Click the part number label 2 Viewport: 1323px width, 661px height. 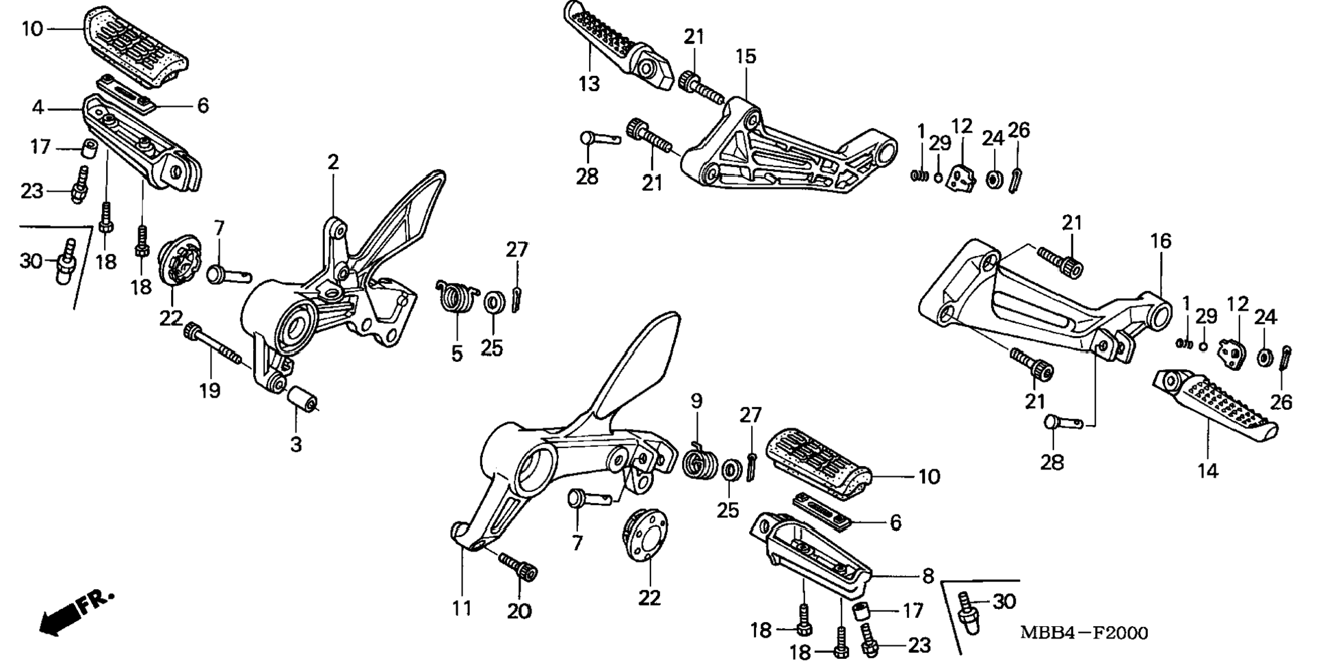pyautogui.click(x=333, y=163)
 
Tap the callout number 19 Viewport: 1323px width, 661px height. pyautogui.click(x=210, y=391)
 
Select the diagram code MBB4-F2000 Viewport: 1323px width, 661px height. pyautogui.click(x=1084, y=633)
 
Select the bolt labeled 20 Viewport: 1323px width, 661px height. pyautogui.click(x=518, y=567)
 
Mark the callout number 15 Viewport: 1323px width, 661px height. pyautogui.click(x=746, y=57)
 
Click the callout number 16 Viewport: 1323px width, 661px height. pyautogui.click(x=1160, y=241)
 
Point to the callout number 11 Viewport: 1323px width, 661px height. pyautogui.click(x=462, y=608)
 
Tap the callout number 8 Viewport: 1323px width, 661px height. pyautogui.click(x=928, y=576)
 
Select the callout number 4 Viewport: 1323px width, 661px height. pyautogui.click(x=38, y=107)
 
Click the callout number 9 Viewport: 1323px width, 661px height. pyautogui.click(x=696, y=401)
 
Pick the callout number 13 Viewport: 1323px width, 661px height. pyautogui.click(x=588, y=84)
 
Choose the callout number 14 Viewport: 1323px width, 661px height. pyautogui.click(x=1207, y=471)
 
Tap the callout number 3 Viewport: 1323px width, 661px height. pyautogui.click(x=296, y=445)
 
